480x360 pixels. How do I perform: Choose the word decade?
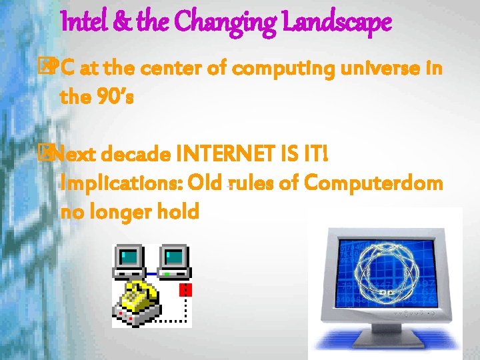pyautogui.click(x=137, y=155)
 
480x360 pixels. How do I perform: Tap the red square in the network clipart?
pyautogui.click(x=187, y=290)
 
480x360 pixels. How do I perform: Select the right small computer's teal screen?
pyautogui.click(x=175, y=255)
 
